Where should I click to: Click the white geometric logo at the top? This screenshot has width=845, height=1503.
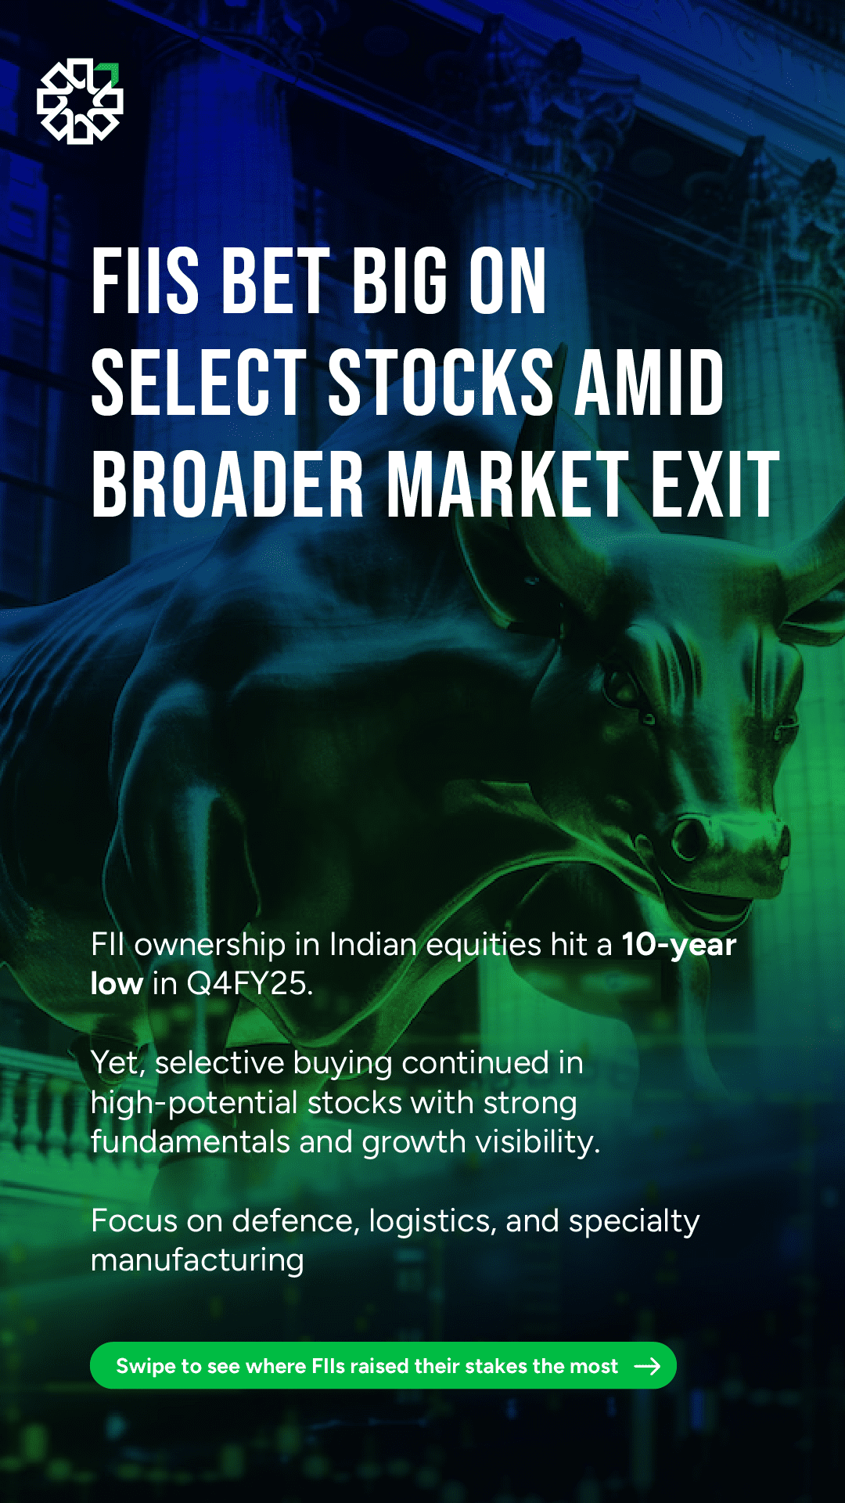pyautogui.click(x=80, y=101)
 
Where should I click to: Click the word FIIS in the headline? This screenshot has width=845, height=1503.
pyautogui.click(x=146, y=281)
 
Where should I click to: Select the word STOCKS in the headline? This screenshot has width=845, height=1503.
pyautogui.click(x=440, y=382)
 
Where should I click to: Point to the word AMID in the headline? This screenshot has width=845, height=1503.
pyautogui.click(x=650, y=382)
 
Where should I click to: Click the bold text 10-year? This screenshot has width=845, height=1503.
pyautogui.click(x=679, y=946)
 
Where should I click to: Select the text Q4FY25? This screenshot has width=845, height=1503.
pyautogui.click(x=250, y=984)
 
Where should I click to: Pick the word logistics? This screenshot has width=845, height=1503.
pyautogui.click(x=433, y=1222)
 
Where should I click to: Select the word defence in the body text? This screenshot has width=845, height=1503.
pyautogui.click(x=292, y=1221)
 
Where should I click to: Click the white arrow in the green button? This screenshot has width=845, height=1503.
pyautogui.click(x=648, y=1366)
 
